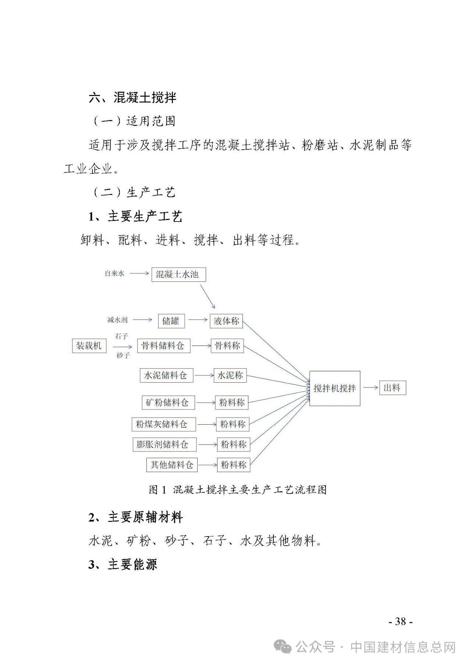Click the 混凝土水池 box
coord(178,274)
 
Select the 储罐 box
coord(171,321)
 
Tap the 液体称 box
coord(226,321)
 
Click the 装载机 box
coord(89,346)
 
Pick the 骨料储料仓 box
coord(163,346)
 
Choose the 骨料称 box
coord(227,346)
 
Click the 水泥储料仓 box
coord(166,375)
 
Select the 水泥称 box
coord(230,375)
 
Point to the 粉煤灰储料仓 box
coord(164,424)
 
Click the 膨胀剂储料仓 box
coord(164,444)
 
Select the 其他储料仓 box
coord(172,465)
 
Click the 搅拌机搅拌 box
coord(334,389)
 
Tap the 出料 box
coord(393,388)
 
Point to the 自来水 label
coord(114,274)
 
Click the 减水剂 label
coord(117,320)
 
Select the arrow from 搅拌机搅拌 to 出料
coord(371,387)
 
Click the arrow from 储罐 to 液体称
coord(198,320)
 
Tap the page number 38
coord(400,622)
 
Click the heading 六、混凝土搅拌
coord(133,98)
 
